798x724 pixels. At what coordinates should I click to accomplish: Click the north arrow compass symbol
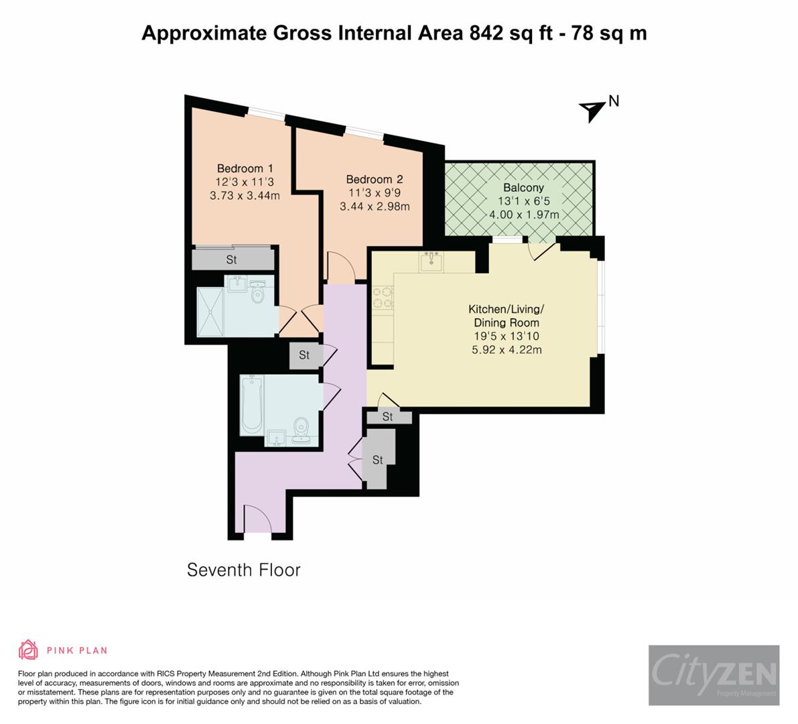click(592, 110)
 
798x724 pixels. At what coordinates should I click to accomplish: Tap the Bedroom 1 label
click(245, 168)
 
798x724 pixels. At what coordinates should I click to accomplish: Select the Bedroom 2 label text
click(374, 179)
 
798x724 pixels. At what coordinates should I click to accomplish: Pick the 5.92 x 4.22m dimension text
click(507, 349)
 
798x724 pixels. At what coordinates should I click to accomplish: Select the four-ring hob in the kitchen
click(383, 298)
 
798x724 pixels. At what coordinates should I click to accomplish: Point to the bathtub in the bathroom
click(252, 404)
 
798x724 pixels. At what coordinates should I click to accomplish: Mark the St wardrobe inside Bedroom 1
click(232, 259)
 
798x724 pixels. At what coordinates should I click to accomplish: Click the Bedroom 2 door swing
click(340, 267)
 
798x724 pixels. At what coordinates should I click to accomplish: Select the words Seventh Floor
click(243, 570)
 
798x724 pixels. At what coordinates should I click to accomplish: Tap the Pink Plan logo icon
click(28, 650)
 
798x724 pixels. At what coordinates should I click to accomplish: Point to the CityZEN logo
click(714, 674)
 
